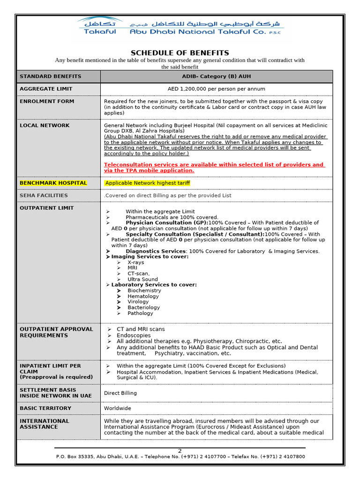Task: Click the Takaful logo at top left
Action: coord(99,26)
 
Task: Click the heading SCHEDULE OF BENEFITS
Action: coord(180,53)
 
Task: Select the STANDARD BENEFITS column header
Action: coord(50,76)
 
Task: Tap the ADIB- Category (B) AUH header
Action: coord(216,76)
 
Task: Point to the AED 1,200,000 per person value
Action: coord(216,89)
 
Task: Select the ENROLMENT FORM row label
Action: coord(47,101)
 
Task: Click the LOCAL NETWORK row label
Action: coord(45,126)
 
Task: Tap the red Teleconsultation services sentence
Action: coord(214,167)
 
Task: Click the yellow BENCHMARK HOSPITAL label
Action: coord(53,183)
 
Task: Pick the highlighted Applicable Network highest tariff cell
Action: coord(147,183)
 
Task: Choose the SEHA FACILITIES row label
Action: coord(44,195)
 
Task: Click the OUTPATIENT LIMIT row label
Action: coord(46,208)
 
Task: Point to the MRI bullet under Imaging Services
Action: coord(132,268)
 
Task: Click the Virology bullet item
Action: coord(138,302)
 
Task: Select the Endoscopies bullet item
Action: coord(134,336)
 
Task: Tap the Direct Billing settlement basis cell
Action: coord(120,393)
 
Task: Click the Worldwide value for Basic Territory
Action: coord(117,409)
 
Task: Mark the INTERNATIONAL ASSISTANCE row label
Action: coord(45,424)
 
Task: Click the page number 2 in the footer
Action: coord(180,451)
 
